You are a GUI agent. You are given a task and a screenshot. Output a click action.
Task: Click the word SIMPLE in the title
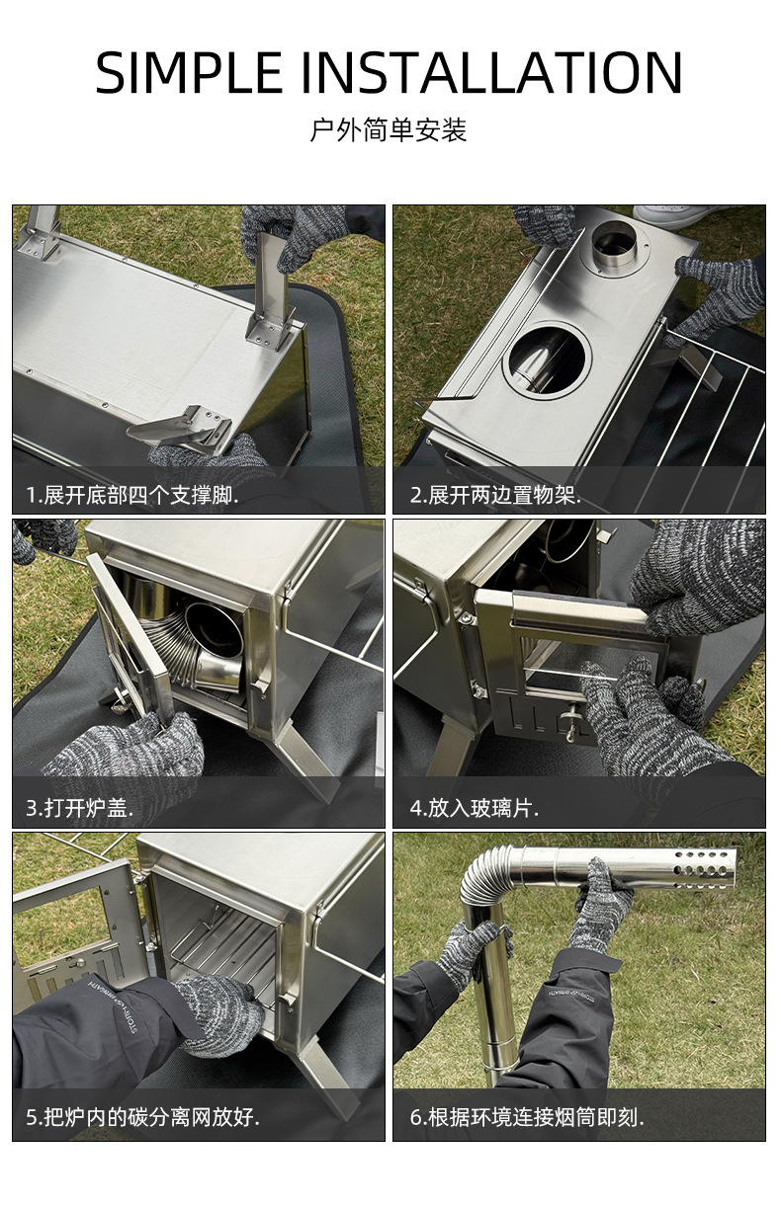coord(189,72)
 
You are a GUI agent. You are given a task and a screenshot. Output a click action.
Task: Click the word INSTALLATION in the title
coord(491,72)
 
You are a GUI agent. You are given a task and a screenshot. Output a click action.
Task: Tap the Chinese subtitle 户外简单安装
coord(389,129)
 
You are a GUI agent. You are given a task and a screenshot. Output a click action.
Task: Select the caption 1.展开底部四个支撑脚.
coord(132,495)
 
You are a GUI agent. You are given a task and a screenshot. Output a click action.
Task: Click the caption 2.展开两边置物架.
coord(495,495)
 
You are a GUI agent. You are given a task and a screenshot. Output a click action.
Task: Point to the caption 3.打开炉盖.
coord(79,808)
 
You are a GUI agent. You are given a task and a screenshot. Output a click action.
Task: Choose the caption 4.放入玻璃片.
coord(474,808)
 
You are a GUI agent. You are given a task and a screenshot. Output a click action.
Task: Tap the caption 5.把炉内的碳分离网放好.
coord(142,1117)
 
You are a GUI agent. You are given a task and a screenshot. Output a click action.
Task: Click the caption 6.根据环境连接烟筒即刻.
coord(527,1117)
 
